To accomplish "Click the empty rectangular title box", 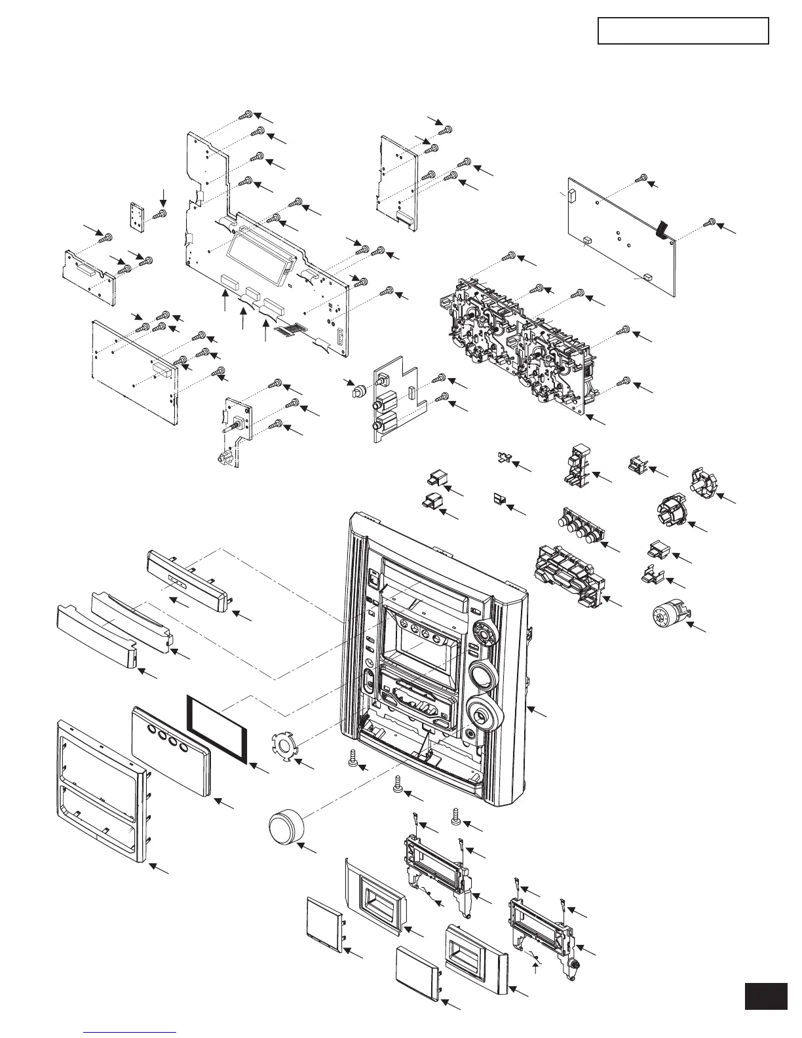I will [683, 31].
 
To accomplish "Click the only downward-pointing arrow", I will [164, 195].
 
